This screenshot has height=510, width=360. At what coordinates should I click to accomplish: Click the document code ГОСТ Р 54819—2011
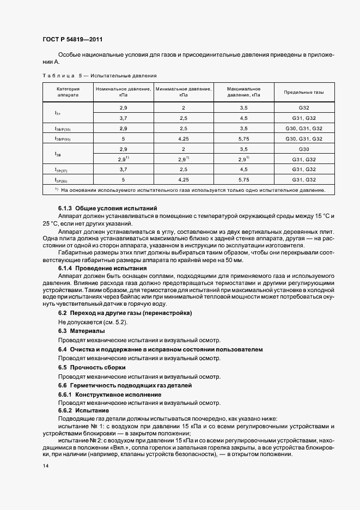click(72, 39)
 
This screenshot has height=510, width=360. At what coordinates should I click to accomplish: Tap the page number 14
click(45, 467)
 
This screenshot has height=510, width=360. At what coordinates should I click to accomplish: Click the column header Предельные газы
click(303, 92)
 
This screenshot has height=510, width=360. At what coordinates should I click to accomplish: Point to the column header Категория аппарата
click(68, 92)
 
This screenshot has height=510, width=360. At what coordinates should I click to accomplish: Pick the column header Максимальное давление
click(243, 92)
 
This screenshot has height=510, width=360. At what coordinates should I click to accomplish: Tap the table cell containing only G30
click(303, 149)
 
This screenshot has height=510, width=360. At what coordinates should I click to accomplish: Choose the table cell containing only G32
click(303, 108)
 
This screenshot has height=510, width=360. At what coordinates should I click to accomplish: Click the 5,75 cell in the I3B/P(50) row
click(243, 139)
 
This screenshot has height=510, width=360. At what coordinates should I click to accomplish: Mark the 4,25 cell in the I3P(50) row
click(184, 180)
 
